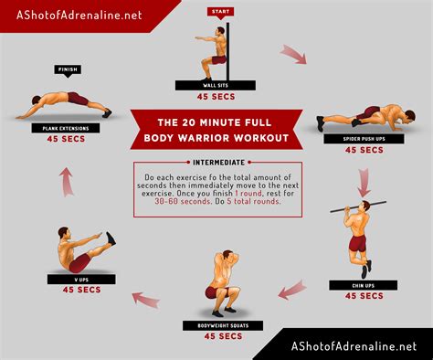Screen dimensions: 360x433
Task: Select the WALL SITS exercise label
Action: click(216, 84)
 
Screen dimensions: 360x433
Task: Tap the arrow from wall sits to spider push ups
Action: click(292, 56)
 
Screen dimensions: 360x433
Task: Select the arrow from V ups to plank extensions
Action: click(67, 181)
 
